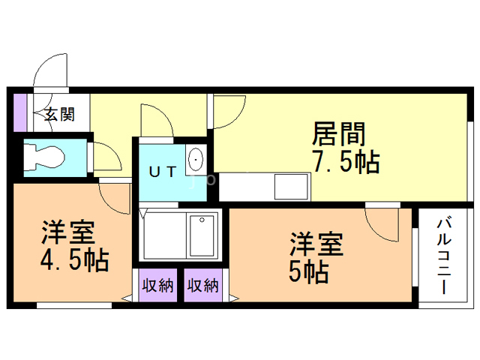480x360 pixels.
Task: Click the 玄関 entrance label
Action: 59,115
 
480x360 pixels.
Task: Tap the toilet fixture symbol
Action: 46,157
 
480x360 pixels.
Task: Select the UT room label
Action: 163,172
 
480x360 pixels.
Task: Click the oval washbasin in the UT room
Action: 195,160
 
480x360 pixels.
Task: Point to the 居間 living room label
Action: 338,133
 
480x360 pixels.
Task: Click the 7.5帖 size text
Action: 345,161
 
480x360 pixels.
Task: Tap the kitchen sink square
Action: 291,187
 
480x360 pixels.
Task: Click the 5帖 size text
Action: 308,271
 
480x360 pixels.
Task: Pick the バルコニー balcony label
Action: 443,256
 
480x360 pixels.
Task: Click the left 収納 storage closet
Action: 157,285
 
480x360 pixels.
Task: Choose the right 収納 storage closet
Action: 203,285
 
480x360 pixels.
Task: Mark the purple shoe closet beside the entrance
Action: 20,112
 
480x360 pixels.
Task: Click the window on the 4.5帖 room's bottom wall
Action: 74,305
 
